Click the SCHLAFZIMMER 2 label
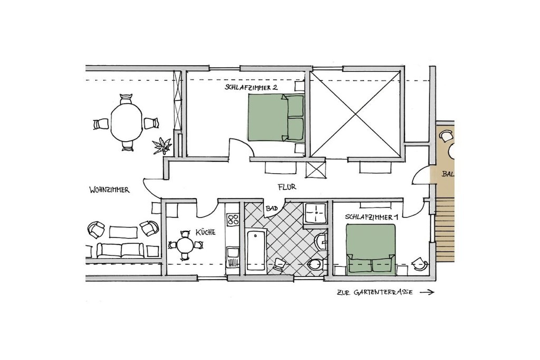pyautogui.click(x=251, y=87)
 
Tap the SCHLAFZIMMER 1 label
pyautogui.click(x=372, y=217)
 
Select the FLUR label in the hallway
pyautogui.click(x=287, y=187)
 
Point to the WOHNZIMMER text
pyautogui.click(x=109, y=190)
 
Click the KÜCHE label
pyautogui.click(x=205, y=232)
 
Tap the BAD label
pyautogui.click(x=272, y=209)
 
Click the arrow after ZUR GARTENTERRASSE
pyautogui.click(x=427, y=292)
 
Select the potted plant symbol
pyautogui.click(x=161, y=145)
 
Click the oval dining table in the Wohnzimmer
pyautogui.click(x=127, y=122)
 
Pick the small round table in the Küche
pyautogui.click(x=185, y=246)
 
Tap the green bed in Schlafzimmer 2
pyautogui.click(x=276, y=118)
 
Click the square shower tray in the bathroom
pyautogui.click(x=315, y=213)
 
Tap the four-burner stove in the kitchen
pyautogui.click(x=233, y=219)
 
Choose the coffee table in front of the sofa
pyautogui.click(x=123, y=231)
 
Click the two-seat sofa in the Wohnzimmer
pyautogui.click(x=120, y=250)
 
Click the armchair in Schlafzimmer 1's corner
pyautogui.click(x=420, y=264)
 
